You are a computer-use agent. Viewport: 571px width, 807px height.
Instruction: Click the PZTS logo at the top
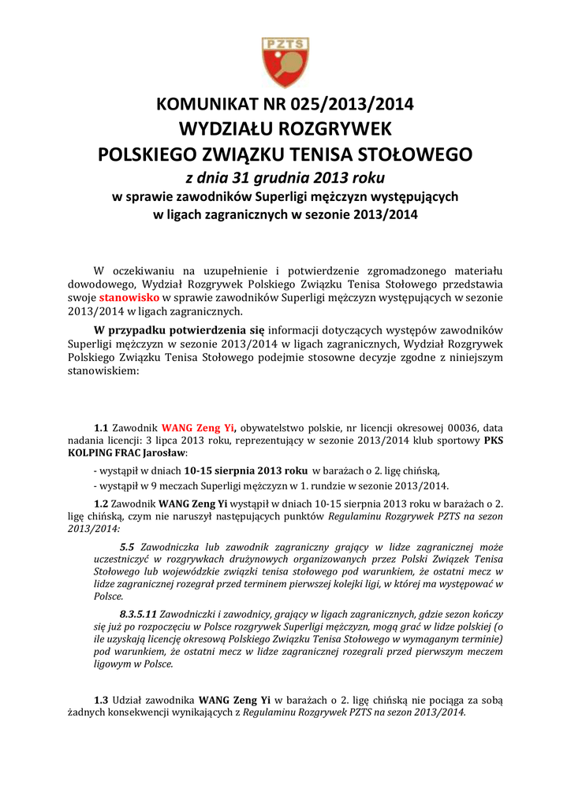tap(285, 62)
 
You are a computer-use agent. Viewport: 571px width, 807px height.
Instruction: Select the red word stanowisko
tap(129, 297)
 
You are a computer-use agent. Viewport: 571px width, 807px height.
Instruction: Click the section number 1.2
tap(100, 502)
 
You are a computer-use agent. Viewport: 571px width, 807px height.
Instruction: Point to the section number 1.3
tap(100, 700)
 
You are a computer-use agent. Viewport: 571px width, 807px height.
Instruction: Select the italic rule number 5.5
tap(127, 546)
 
